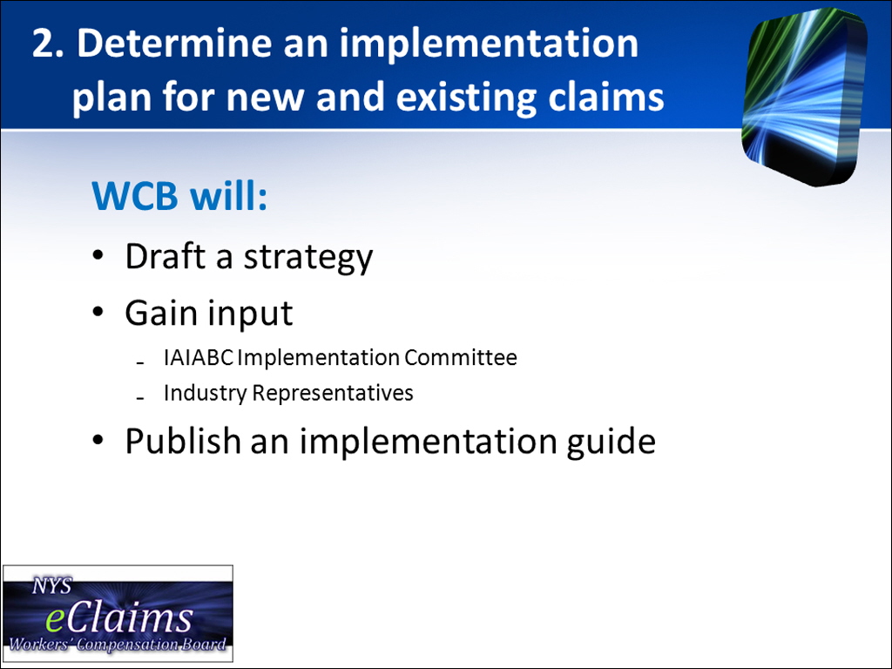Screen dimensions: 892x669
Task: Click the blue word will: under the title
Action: point(229,196)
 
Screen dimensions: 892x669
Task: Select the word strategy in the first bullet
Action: point(308,258)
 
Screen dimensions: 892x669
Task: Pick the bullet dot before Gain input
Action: point(98,312)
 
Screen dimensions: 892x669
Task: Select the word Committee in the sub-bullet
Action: point(461,358)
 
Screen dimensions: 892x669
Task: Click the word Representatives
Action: point(333,394)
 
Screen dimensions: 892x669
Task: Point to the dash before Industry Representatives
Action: point(140,397)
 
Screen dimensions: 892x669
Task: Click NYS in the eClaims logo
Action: point(51,586)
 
